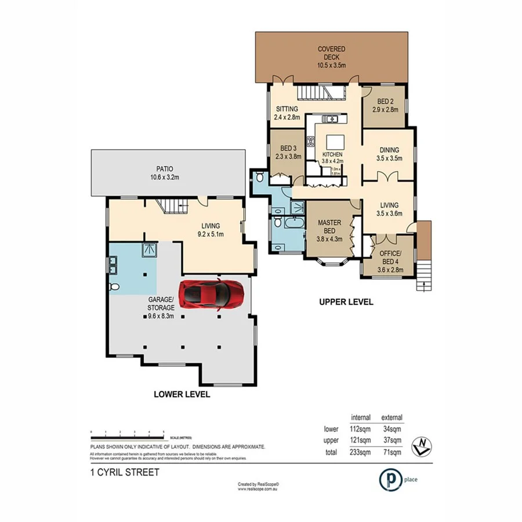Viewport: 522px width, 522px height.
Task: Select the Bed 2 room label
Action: tap(385, 100)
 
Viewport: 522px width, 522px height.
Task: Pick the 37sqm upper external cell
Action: tap(391, 441)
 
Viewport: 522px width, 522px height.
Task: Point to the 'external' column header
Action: tap(391, 418)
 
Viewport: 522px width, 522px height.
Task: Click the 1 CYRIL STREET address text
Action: tap(124, 473)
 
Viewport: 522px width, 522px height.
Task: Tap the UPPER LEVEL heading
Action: tap(346, 302)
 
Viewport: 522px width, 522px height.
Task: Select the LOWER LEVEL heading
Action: tap(181, 394)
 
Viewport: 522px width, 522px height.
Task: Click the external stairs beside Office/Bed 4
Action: tap(425, 275)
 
